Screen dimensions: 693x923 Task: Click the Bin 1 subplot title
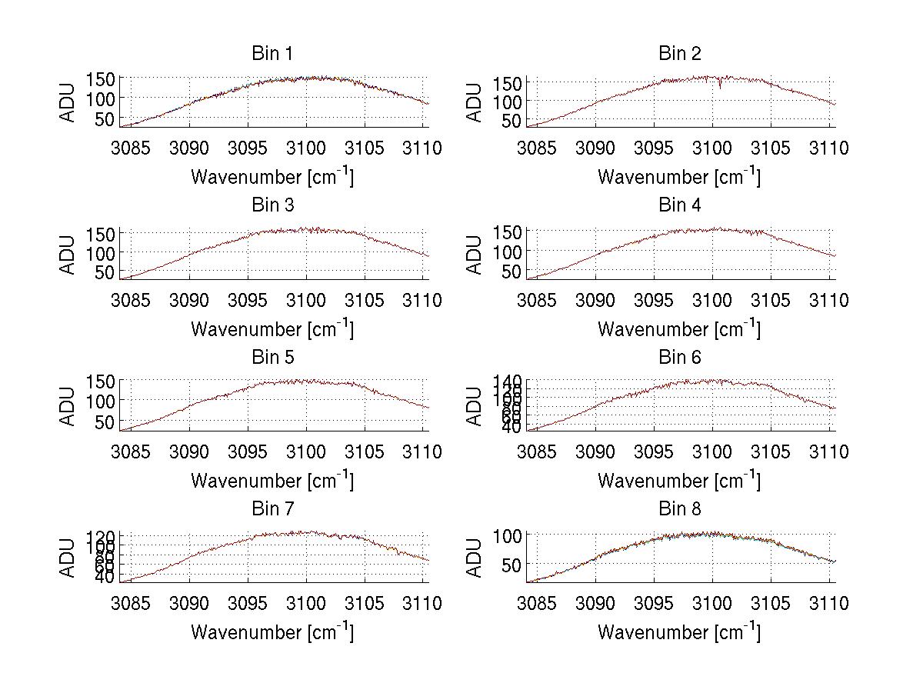(272, 54)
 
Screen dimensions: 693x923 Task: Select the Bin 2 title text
(680, 54)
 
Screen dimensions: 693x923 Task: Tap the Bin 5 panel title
(272, 358)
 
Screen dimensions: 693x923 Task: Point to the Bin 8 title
(680, 509)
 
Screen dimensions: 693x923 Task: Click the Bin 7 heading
(272, 509)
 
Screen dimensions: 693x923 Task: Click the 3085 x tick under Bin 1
(131, 148)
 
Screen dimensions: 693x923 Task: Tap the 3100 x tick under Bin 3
(306, 300)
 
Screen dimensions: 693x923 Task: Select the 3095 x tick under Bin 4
(654, 300)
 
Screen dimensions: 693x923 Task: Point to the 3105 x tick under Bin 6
(770, 451)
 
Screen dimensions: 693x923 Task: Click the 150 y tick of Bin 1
(100, 78)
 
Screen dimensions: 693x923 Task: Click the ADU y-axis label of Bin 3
(68, 255)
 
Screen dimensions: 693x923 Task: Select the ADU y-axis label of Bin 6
(475, 406)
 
